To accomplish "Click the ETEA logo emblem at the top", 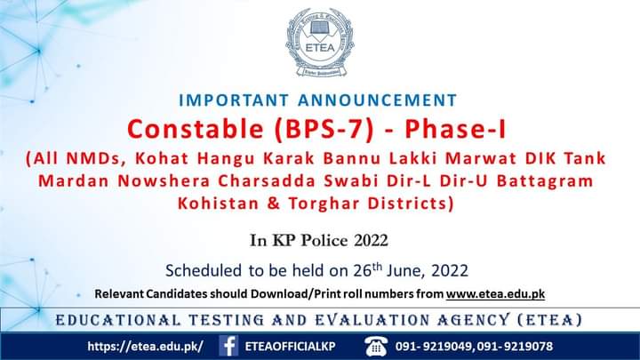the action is pyautogui.click(x=320, y=43).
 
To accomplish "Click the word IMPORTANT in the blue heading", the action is pyautogui.click(x=234, y=100).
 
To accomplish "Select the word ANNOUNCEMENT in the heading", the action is pyautogui.click(x=378, y=100).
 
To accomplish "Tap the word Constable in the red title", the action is pyautogui.click(x=195, y=129).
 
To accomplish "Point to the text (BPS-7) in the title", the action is pyautogui.click(x=324, y=130).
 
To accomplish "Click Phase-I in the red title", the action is pyautogui.click(x=455, y=129).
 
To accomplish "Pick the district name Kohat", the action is pyautogui.click(x=162, y=158).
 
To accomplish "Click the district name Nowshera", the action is pyautogui.click(x=164, y=180).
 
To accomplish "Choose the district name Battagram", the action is pyautogui.click(x=545, y=181).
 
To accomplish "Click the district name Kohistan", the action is pyautogui.click(x=218, y=204).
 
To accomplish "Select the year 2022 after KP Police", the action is pyautogui.click(x=371, y=240).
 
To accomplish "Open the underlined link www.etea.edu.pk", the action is pyautogui.click(x=495, y=294).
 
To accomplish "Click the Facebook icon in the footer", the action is pyautogui.click(x=228, y=346).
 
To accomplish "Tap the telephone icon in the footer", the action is pyautogui.click(x=375, y=346).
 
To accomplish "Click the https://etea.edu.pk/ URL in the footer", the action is pyautogui.click(x=145, y=347).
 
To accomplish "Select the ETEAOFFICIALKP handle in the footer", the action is pyautogui.click(x=290, y=347).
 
